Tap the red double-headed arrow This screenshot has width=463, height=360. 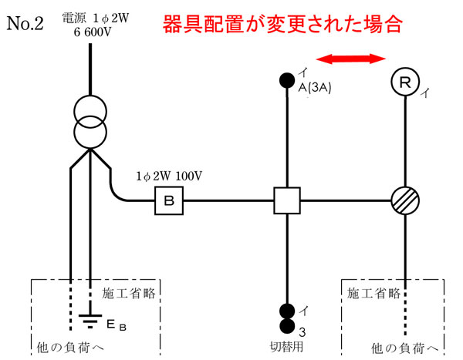click(354, 58)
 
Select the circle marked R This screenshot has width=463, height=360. click(406, 82)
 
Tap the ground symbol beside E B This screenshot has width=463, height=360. click(90, 318)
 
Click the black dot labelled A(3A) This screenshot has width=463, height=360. click(286, 79)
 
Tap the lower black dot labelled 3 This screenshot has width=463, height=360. click(286, 324)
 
